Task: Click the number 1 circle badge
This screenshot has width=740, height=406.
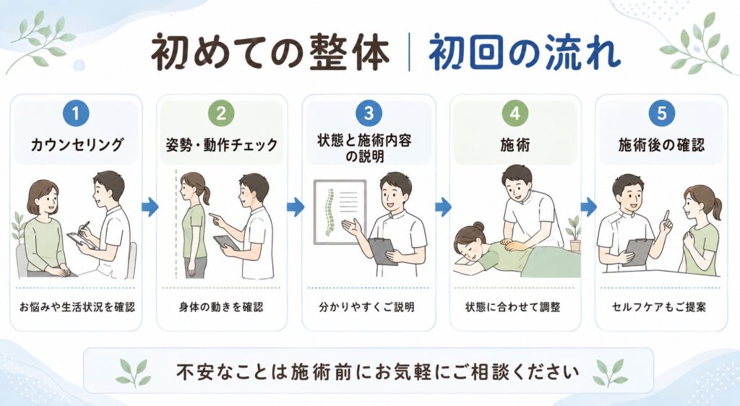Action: tap(75, 113)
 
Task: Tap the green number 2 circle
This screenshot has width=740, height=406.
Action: tap(221, 113)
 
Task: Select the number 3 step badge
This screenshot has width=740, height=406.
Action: tap(369, 113)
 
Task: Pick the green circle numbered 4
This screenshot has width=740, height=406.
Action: tap(515, 113)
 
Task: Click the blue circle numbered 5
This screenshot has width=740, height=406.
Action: tap(662, 113)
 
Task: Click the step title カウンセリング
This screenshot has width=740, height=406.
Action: tap(77, 144)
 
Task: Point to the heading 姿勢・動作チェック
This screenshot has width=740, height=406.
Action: tap(221, 144)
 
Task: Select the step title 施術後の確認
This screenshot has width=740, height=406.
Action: tap(662, 144)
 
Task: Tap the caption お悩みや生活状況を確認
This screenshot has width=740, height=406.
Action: tap(77, 307)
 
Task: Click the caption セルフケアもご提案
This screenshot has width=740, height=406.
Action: tap(659, 307)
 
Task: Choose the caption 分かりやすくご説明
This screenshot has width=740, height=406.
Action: tap(366, 307)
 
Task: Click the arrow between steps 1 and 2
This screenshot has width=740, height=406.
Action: tap(150, 207)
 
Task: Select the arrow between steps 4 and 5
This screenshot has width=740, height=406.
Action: tap(588, 207)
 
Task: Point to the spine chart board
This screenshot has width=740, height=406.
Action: tap(340, 212)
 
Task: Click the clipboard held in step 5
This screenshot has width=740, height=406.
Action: tap(638, 252)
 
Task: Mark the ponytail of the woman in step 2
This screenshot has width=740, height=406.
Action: tap(205, 194)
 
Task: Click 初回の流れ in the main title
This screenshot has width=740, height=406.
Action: tap(524, 52)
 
